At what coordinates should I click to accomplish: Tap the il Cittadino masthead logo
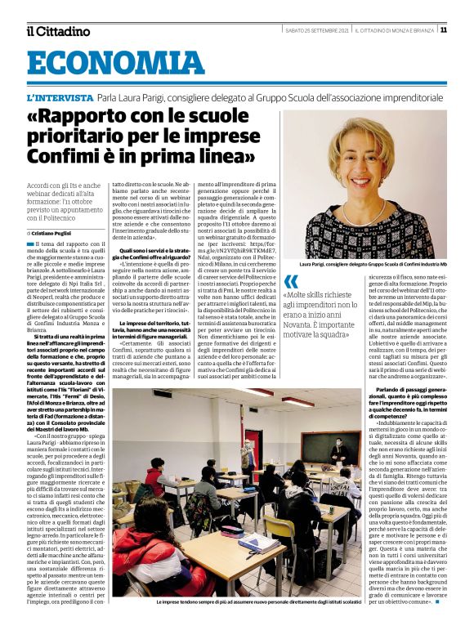click(x=57, y=30)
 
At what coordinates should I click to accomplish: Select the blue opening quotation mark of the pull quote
click(x=291, y=282)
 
